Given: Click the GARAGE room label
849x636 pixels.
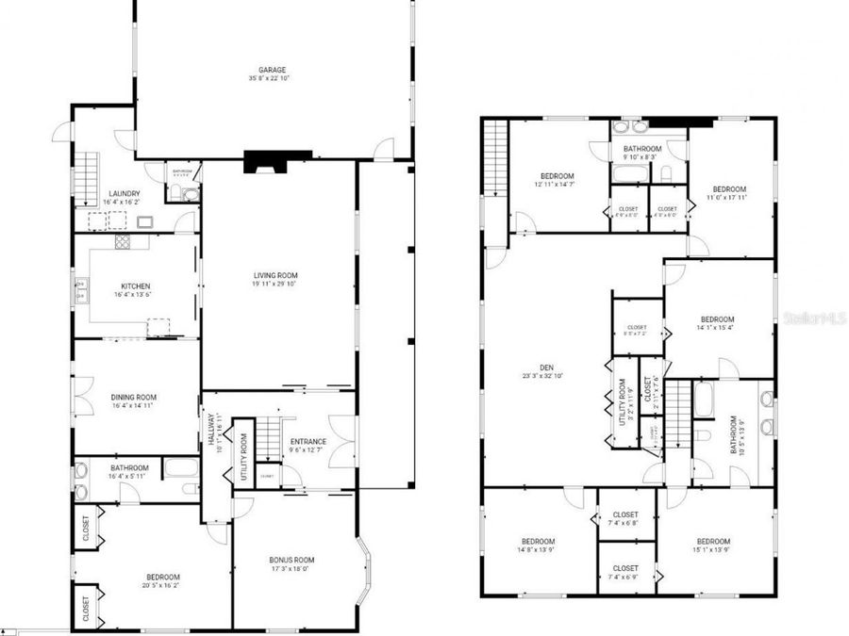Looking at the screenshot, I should pyautogui.click(x=274, y=70).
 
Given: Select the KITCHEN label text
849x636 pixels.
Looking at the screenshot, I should pyautogui.click(x=135, y=286).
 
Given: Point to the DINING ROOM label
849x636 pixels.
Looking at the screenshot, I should pyautogui.click(x=134, y=398).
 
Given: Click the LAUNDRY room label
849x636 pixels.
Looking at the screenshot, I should pyautogui.click(x=125, y=194).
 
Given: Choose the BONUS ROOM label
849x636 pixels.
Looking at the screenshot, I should pyautogui.click(x=291, y=560).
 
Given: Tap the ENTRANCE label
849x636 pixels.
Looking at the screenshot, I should pyautogui.click(x=308, y=441).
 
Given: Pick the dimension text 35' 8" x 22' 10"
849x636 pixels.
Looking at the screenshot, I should pyautogui.click(x=274, y=78).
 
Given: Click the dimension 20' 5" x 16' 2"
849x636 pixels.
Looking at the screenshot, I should pyautogui.click(x=162, y=585).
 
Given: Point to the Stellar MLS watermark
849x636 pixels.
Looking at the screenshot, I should pyautogui.click(x=814, y=318).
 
